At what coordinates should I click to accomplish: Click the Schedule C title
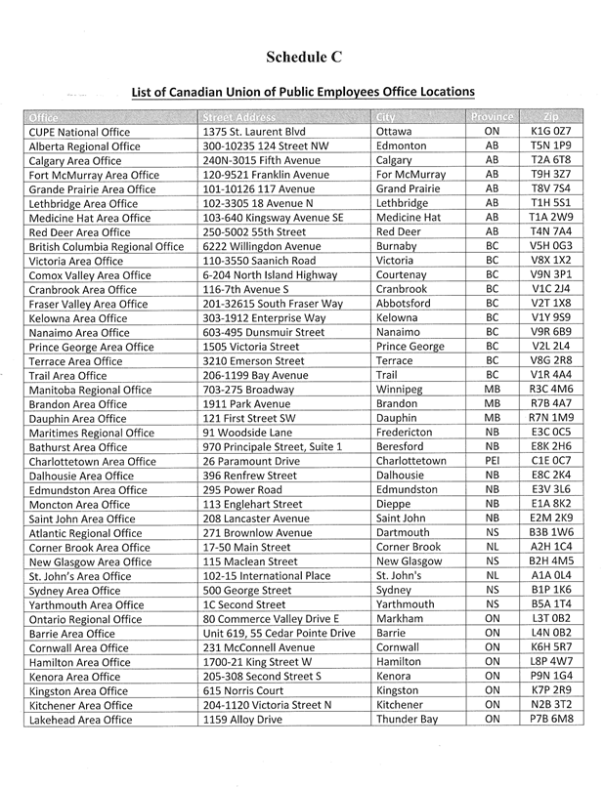click(x=302, y=57)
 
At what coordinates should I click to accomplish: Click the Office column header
click(x=44, y=117)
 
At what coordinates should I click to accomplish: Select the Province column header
click(x=492, y=117)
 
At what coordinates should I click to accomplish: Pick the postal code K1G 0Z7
click(x=550, y=132)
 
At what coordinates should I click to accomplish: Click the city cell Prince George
click(x=410, y=347)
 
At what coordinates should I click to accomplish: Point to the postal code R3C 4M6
click(x=551, y=390)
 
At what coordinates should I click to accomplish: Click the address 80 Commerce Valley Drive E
click(x=270, y=619)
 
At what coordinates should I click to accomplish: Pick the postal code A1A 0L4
click(x=550, y=576)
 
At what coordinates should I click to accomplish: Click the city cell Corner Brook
click(x=409, y=548)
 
